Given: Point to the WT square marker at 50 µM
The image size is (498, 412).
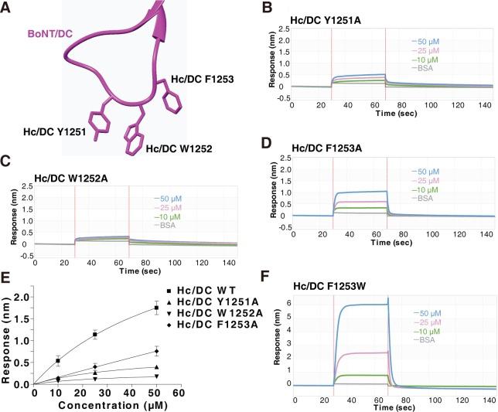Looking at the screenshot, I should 157,308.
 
